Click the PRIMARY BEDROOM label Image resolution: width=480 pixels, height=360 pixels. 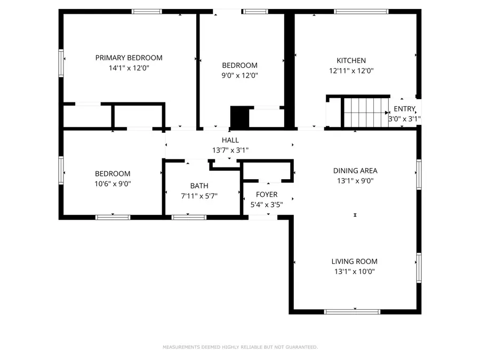click(x=129, y=58)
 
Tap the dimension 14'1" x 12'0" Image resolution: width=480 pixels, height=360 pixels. click(x=129, y=68)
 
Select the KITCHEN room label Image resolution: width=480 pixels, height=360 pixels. click(x=351, y=60)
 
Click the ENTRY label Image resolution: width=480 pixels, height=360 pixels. click(x=404, y=109)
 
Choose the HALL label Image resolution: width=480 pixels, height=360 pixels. click(x=230, y=140)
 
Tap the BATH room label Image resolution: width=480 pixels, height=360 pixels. click(x=199, y=186)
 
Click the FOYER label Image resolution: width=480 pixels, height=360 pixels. click(x=267, y=194)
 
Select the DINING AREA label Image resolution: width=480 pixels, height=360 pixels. click(x=355, y=171)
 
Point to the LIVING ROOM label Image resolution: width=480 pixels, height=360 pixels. click(x=354, y=261)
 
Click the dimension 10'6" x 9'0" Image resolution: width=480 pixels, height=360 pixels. click(x=113, y=183)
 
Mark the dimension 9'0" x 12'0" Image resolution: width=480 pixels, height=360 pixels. click(x=239, y=75)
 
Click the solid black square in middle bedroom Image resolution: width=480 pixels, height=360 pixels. click(x=239, y=117)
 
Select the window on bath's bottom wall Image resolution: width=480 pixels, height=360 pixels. click(x=189, y=217)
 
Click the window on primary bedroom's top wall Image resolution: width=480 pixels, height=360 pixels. click(x=147, y=11)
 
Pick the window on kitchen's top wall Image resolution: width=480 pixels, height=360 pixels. click(x=361, y=11)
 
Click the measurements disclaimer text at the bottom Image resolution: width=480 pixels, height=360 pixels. click(x=240, y=347)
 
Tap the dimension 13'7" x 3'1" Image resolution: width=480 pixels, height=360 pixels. click(x=230, y=150)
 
